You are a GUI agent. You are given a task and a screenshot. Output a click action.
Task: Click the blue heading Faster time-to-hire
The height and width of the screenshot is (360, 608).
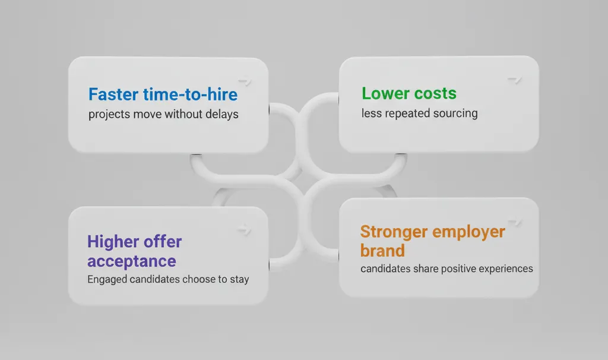(163, 94)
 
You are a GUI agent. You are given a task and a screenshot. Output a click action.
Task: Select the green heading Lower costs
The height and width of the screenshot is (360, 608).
(409, 93)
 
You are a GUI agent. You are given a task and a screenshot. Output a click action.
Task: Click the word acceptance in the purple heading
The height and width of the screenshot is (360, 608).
(131, 261)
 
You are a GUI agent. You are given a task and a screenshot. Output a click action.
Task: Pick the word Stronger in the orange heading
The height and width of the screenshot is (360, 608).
(394, 232)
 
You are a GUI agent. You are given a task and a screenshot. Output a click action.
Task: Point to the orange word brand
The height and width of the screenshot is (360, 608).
(382, 251)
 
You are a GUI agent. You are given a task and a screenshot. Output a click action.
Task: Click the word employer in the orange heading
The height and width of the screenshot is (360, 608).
(468, 232)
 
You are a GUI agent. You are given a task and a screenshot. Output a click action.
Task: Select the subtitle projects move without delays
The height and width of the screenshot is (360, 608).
(163, 114)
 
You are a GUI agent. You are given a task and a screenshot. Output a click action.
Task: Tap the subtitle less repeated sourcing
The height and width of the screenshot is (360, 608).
(420, 113)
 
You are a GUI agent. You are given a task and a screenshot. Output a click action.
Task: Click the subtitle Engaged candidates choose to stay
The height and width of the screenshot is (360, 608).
(168, 279)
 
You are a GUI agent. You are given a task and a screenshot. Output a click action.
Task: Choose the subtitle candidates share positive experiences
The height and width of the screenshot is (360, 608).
(446, 269)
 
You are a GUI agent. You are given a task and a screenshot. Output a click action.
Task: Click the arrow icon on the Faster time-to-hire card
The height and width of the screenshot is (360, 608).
(245, 81)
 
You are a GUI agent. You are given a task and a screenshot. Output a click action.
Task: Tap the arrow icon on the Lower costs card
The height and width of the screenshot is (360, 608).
(515, 80)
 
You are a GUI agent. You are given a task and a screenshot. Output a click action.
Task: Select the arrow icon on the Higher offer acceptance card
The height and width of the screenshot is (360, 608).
(244, 229)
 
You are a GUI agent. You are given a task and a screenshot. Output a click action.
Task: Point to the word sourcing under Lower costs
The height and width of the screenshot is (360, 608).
(455, 113)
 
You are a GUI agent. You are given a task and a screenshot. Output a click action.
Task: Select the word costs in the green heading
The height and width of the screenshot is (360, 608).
(435, 93)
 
